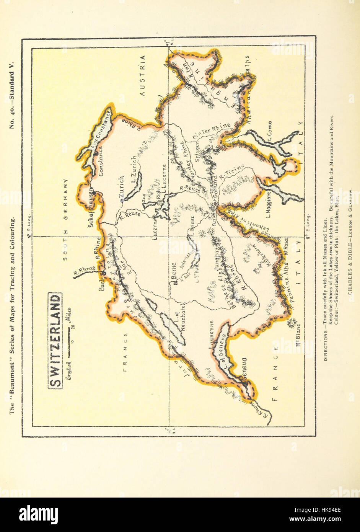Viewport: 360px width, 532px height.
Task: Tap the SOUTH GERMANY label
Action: coord(65,219)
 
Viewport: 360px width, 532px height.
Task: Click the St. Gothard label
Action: coord(215,195)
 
